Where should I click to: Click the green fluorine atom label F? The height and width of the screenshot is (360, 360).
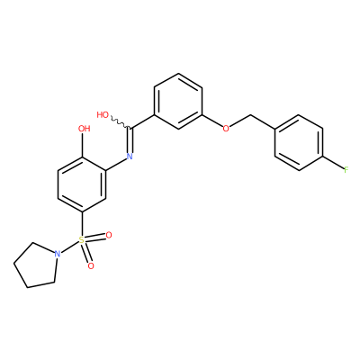[x=346, y=170]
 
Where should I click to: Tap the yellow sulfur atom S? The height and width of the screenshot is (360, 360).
[x=82, y=239]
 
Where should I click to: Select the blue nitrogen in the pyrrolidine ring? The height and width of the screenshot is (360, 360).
[x=58, y=254]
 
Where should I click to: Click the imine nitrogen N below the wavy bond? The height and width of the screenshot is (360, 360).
[x=130, y=156]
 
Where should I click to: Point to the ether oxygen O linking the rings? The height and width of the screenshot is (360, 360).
[x=226, y=129]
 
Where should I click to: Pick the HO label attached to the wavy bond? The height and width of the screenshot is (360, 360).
[x=103, y=115]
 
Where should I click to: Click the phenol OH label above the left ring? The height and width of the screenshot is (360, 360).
[x=84, y=129]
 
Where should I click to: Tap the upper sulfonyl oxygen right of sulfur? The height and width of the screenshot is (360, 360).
[x=109, y=235]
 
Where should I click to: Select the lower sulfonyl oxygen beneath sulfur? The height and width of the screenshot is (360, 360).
[x=91, y=265]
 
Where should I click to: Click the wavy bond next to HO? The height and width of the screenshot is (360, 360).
[x=120, y=122]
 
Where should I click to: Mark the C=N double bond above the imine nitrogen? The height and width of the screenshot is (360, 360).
[x=130, y=139]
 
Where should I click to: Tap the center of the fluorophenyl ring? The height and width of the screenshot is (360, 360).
[x=299, y=142]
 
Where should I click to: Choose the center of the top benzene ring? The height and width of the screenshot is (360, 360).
[x=178, y=101]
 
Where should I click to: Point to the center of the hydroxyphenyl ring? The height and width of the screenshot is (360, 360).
[x=82, y=184]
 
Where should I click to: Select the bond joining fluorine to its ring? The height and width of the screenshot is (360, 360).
[x=333, y=163]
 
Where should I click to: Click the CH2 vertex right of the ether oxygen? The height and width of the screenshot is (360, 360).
[x=250, y=114]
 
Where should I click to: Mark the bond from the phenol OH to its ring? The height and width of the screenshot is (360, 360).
[x=82, y=145]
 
